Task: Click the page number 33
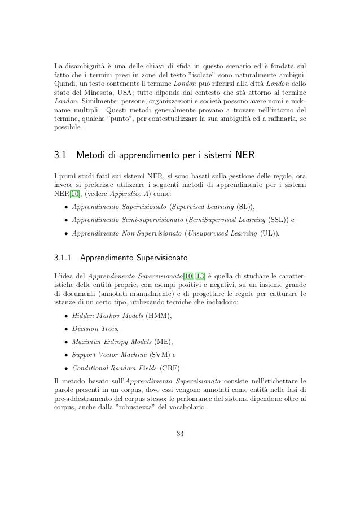(x=180, y=434)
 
